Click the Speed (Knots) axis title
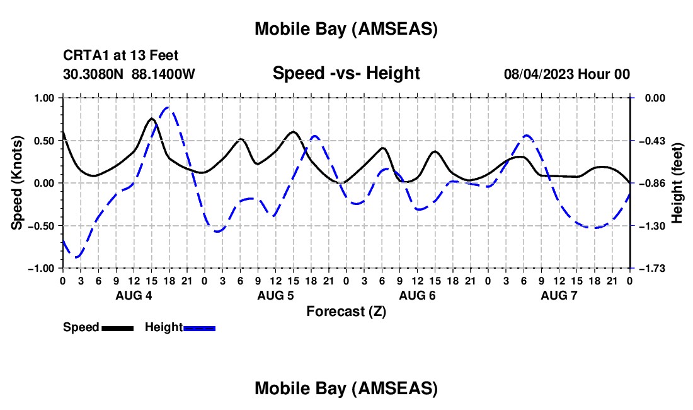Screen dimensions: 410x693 (18, 183)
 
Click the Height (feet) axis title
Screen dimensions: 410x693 (677, 183)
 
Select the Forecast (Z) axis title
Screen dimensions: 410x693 (346, 311)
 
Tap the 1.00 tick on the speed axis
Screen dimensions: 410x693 (45, 98)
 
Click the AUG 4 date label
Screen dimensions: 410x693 (133, 295)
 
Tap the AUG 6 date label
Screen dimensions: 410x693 (417, 295)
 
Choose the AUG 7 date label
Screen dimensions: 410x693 (559, 295)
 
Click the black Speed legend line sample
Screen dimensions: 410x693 (117, 327)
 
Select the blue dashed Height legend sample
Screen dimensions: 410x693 (200, 327)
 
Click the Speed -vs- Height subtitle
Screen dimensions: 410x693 (346, 73)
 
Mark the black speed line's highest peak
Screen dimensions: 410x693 (152, 118)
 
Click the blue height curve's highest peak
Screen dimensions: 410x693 (168, 107)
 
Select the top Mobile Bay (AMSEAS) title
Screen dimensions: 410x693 (346, 28)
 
